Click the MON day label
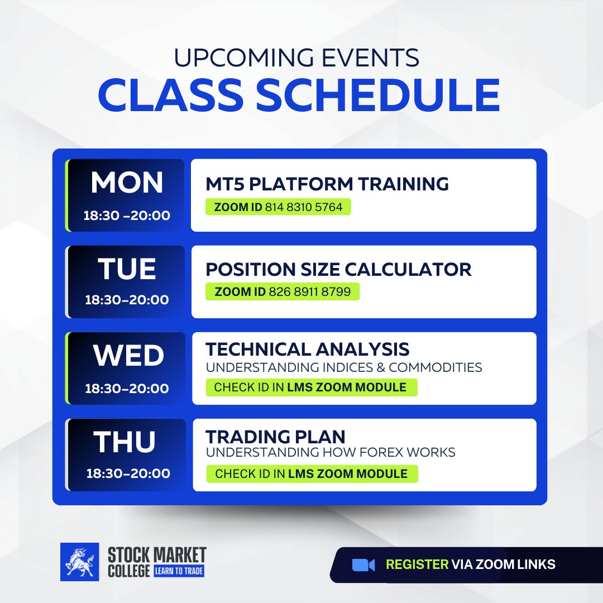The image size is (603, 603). coord(127,183)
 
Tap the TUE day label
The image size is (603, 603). coord(127,269)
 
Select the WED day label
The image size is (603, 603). coord(128,356)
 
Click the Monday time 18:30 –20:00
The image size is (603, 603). coord(127,216)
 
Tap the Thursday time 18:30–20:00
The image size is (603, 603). coord(128,473)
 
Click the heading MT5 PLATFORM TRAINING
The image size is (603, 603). coord(327,183)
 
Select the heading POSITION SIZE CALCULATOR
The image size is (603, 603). coord(338,270)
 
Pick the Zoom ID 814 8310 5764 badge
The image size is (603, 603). coord(278,207)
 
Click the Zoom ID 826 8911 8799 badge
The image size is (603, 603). coord(283,291)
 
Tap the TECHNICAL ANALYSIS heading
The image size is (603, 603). coord(307,350)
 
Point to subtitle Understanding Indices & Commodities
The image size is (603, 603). coord(344,368)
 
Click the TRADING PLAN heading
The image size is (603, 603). coord(275,437)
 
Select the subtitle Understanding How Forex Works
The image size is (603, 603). coord(331,452)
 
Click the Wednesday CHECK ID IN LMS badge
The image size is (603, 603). coord(311,387)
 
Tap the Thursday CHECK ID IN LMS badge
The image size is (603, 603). coord(312,474)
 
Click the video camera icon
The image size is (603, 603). coord(363,565)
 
